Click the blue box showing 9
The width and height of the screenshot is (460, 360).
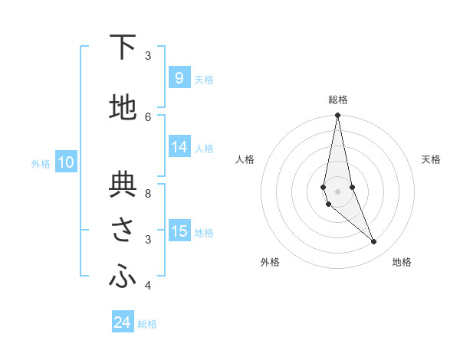tap(179, 77)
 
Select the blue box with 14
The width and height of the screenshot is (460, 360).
tap(179, 147)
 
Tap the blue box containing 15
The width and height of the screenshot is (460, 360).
tap(179, 231)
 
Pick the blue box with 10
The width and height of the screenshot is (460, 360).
tap(65, 162)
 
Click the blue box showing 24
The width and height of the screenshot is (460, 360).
tap(123, 322)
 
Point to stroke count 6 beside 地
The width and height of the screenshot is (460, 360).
tap(148, 116)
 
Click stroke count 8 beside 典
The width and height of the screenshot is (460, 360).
tap(148, 184)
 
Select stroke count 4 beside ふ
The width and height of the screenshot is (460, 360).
tap(148, 286)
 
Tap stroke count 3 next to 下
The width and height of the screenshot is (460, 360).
tap(148, 55)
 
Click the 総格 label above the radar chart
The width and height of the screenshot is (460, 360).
tap(338, 100)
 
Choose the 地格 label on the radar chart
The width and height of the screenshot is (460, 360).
tap(402, 262)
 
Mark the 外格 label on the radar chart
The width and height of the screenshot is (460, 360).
tap(270, 262)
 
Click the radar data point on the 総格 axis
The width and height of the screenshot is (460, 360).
tap(337, 115)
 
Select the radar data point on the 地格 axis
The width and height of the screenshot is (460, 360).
tap(374, 242)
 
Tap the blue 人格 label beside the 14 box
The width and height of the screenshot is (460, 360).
tap(204, 148)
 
